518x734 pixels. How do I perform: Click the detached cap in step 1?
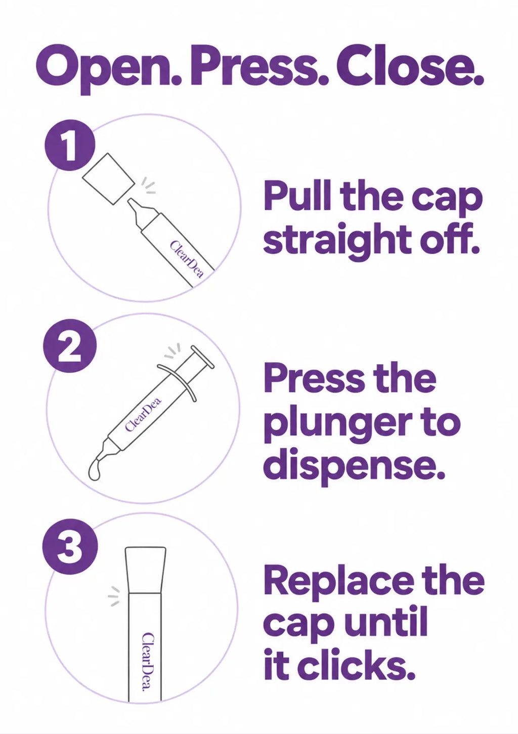[108, 179]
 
